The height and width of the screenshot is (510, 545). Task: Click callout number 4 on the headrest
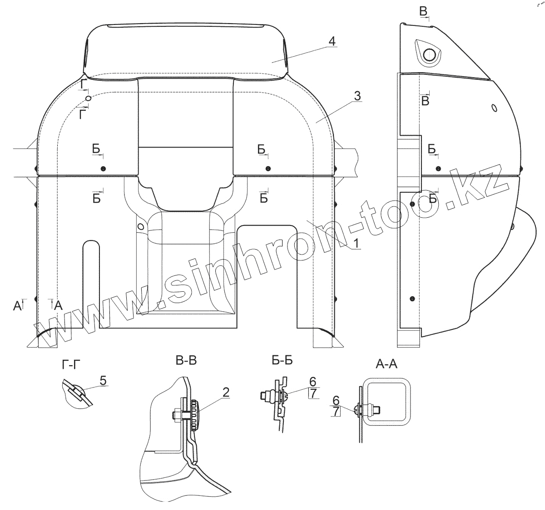pos(332,41)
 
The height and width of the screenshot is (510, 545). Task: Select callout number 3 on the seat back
pos(357,96)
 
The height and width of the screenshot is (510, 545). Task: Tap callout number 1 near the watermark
pos(356,244)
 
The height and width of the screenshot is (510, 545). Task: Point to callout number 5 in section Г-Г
pos(103,381)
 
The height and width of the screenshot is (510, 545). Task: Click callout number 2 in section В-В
pos(226,392)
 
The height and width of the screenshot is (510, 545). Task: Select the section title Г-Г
pos(71,365)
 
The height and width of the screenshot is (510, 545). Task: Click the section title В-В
pos(186,361)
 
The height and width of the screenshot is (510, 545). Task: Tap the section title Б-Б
pos(282,361)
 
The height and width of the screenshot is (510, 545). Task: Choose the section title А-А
pos(386,364)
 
